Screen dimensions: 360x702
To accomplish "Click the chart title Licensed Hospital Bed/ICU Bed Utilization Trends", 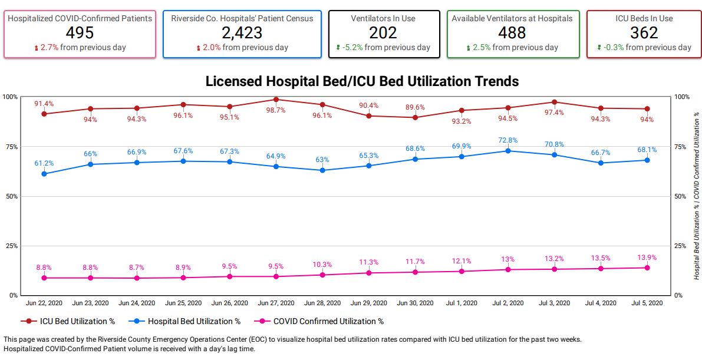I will (362, 81).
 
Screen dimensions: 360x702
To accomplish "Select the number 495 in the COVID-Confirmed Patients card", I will (80, 33).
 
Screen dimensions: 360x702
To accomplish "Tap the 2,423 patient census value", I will (242, 33).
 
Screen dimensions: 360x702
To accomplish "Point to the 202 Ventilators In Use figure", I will (383, 33).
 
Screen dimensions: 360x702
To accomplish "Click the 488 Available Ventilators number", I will (512, 33).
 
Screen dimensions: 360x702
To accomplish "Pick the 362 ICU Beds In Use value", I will (644, 33).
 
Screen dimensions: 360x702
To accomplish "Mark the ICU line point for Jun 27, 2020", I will (276, 100).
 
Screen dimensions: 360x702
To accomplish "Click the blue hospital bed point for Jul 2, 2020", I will (508, 151).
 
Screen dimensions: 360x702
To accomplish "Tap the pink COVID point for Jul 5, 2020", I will (647, 267).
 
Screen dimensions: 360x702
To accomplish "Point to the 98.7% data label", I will (276, 110).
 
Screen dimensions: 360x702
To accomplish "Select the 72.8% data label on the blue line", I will (507, 140).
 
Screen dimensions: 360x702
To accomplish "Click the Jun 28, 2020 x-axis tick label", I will (322, 303).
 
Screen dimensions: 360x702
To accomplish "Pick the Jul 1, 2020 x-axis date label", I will (462, 303).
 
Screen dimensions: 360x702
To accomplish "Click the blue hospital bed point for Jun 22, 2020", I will (44, 174).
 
